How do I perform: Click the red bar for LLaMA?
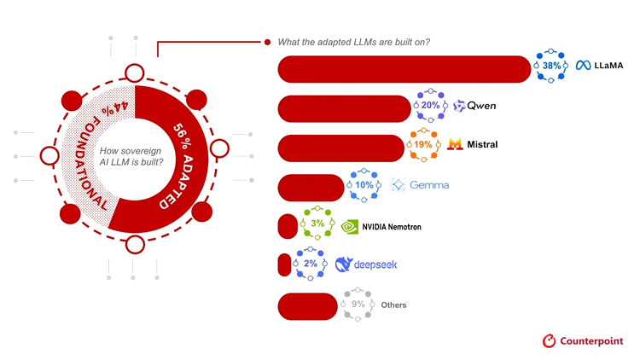pyautogui.click(x=404, y=69)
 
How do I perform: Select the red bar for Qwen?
pyautogui.click(x=344, y=108)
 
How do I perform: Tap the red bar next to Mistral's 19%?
pyautogui.click(x=341, y=148)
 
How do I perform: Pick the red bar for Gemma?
pyautogui.click(x=311, y=188)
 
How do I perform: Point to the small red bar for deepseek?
pyautogui.click(x=284, y=264)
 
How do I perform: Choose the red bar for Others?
pyautogui.click(x=308, y=306)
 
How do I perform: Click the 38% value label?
pyautogui.click(x=551, y=66)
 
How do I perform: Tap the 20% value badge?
pyautogui.click(x=430, y=105)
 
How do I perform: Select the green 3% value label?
pyautogui.click(x=317, y=224)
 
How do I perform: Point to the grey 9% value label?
pyautogui.click(x=358, y=304)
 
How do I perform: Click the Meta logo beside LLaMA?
pyautogui.click(x=584, y=66)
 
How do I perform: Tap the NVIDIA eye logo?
pyautogui.click(x=349, y=227)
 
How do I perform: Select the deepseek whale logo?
pyautogui.click(x=343, y=264)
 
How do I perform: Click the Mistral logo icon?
pyautogui.click(x=455, y=144)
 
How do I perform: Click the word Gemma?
pyautogui.click(x=429, y=185)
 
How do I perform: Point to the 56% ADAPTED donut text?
pyautogui.click(x=183, y=165)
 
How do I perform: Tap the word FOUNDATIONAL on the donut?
pyautogui.click(x=90, y=163)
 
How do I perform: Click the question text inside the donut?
pyautogui.click(x=131, y=156)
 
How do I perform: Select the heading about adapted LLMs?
pyautogui.click(x=353, y=42)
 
